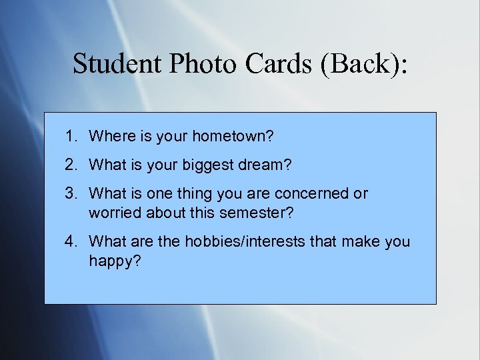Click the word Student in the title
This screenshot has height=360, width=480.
(x=115, y=64)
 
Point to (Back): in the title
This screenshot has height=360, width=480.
(x=365, y=65)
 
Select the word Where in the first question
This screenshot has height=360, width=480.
(x=109, y=137)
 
